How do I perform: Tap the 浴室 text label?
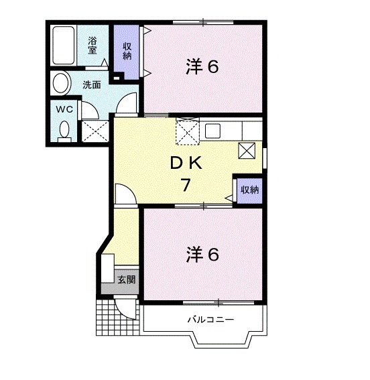pos(93,44)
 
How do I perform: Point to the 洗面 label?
pos(92,85)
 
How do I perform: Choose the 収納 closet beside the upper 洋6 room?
pos(127,52)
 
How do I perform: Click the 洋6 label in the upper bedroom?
pos(202,67)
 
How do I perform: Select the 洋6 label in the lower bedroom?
pos(202,254)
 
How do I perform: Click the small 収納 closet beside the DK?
pos(249,189)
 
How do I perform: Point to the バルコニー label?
pos(210,320)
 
